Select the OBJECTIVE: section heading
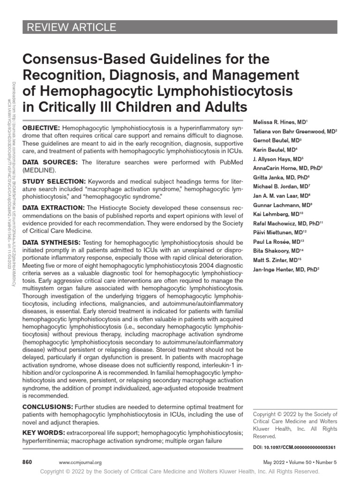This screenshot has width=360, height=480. coord(41,128)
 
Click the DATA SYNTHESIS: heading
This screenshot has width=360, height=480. coord(52,242)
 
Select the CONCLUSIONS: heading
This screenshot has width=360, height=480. coord(47,406)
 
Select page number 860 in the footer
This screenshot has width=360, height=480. coord(27,462)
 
